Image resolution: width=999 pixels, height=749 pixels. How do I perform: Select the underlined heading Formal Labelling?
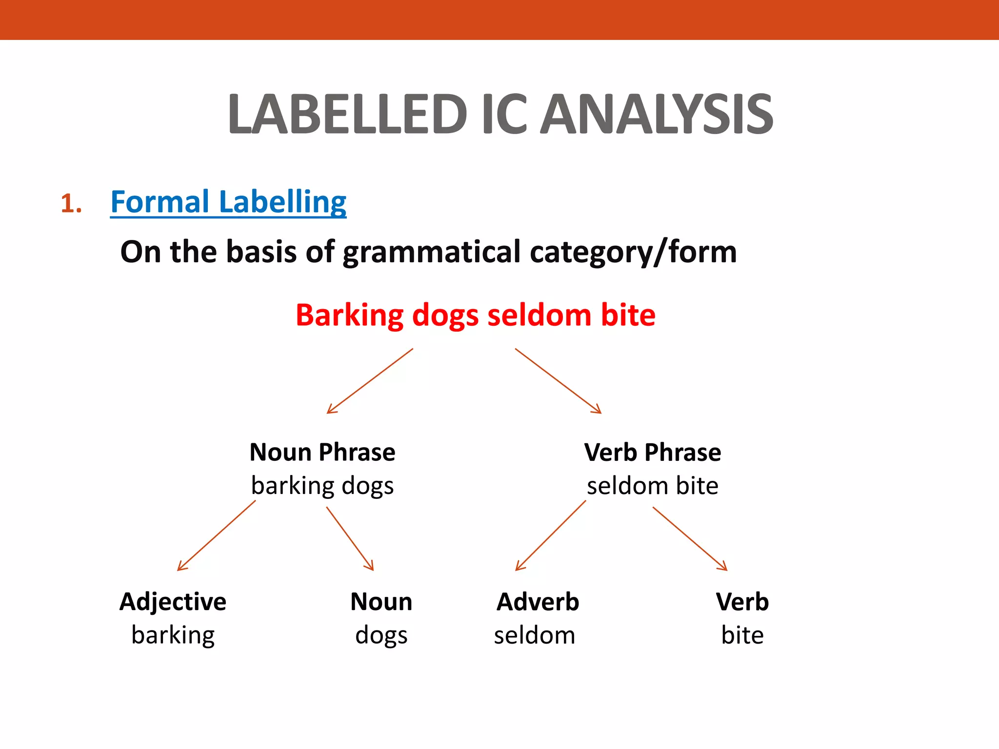pyautogui.click(x=228, y=202)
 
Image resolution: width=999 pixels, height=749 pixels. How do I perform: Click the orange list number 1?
pyautogui.click(x=71, y=203)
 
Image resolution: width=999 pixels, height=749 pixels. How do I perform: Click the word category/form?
pyautogui.click(x=633, y=252)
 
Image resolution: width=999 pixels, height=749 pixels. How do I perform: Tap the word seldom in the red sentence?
pyautogui.click(x=539, y=315)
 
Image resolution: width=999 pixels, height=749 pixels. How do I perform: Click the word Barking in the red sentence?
pyautogui.click(x=349, y=315)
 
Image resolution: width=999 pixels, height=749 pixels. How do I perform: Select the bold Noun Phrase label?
pyautogui.click(x=322, y=452)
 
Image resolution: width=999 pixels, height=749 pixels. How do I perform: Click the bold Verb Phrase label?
pyautogui.click(x=653, y=452)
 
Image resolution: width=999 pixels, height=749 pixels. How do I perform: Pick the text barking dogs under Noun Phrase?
pyautogui.click(x=322, y=486)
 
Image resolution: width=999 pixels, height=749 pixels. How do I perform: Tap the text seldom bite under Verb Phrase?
pyautogui.click(x=653, y=486)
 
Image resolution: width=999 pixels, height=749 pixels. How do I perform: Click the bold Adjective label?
pyautogui.click(x=173, y=601)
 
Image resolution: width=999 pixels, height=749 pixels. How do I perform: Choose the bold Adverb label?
pyautogui.click(x=538, y=601)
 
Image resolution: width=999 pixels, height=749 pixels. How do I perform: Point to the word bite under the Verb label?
pyautogui.click(x=742, y=635)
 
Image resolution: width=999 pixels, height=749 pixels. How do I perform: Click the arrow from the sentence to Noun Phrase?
pyautogui.click(x=370, y=381)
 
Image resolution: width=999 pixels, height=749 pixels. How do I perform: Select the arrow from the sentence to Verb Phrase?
pyautogui.click(x=558, y=381)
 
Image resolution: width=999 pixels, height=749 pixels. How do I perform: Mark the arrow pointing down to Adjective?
pyautogui.click(x=217, y=535)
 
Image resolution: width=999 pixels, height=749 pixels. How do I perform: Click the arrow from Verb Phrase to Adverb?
pyautogui.click(x=551, y=535)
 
